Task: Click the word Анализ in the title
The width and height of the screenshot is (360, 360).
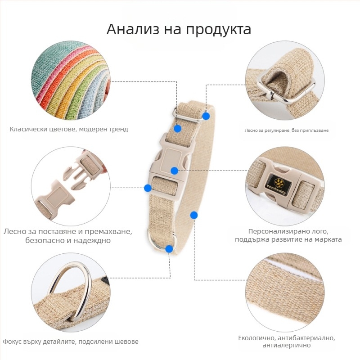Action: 133,29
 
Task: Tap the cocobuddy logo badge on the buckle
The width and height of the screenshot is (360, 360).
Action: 279,184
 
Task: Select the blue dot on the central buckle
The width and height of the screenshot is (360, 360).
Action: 175,171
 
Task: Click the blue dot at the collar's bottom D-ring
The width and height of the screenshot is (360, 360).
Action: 169,249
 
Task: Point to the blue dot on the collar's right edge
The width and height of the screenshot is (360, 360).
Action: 194,215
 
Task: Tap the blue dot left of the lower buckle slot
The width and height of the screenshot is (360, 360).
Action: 148,188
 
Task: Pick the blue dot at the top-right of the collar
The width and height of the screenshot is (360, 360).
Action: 206,116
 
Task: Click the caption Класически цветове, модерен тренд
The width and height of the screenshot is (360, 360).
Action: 69,129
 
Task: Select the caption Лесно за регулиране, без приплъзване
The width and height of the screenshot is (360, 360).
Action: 287,130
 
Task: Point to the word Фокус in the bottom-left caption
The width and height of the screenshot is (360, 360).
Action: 12,342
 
